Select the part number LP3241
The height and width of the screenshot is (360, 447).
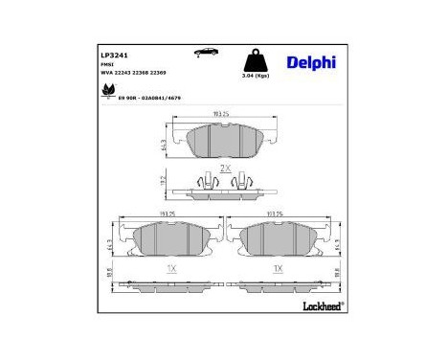(114, 56)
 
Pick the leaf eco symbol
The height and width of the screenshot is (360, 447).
(107, 92)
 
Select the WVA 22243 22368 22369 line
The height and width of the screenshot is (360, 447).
(139, 74)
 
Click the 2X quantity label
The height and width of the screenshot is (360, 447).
(225, 168)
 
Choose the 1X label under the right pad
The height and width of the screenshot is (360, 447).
(277, 269)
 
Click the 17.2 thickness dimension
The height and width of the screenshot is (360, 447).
(165, 180)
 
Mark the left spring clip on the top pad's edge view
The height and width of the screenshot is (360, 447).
(204, 180)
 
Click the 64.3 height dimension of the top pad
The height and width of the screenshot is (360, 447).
(165, 144)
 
